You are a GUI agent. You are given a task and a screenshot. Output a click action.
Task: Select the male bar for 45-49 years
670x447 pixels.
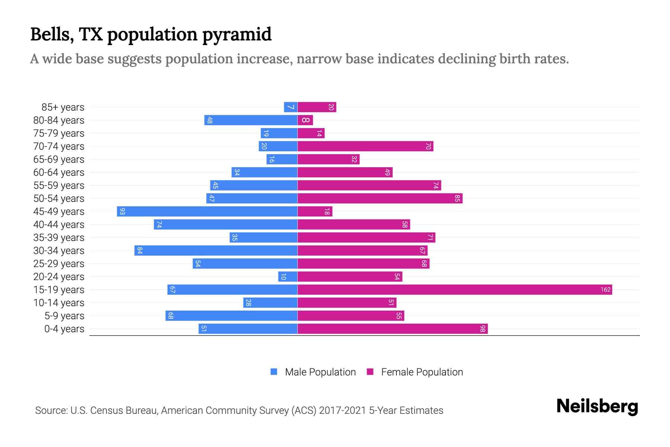click(207, 212)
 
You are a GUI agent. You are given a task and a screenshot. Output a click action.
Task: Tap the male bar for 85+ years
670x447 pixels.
click(290, 107)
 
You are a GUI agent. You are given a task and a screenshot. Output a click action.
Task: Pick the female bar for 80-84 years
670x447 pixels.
click(305, 120)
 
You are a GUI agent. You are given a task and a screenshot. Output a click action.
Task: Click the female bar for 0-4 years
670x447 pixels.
click(392, 329)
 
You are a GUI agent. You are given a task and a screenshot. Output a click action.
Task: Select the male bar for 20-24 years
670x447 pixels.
click(288, 277)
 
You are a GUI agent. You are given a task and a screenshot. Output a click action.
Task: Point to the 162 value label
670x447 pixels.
click(605, 290)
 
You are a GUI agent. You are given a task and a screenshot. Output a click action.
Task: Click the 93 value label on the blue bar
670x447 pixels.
click(122, 212)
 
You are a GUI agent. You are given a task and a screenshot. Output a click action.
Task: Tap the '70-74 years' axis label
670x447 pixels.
click(59, 146)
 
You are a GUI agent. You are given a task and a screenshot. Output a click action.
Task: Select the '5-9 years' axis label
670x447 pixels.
click(64, 316)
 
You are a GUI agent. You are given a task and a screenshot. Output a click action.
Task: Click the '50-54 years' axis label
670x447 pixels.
click(59, 199)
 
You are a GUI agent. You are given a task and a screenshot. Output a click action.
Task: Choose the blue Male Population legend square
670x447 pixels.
click(274, 372)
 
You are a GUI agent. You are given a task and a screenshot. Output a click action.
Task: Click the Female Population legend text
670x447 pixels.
click(422, 372)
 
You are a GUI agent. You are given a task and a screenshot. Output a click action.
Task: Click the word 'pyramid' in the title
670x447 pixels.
click(237, 35)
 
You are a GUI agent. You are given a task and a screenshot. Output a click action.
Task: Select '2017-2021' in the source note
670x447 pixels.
click(342, 410)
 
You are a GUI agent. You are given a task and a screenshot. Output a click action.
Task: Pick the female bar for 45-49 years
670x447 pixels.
click(315, 212)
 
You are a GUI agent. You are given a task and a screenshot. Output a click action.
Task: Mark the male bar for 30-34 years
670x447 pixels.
click(216, 251)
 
